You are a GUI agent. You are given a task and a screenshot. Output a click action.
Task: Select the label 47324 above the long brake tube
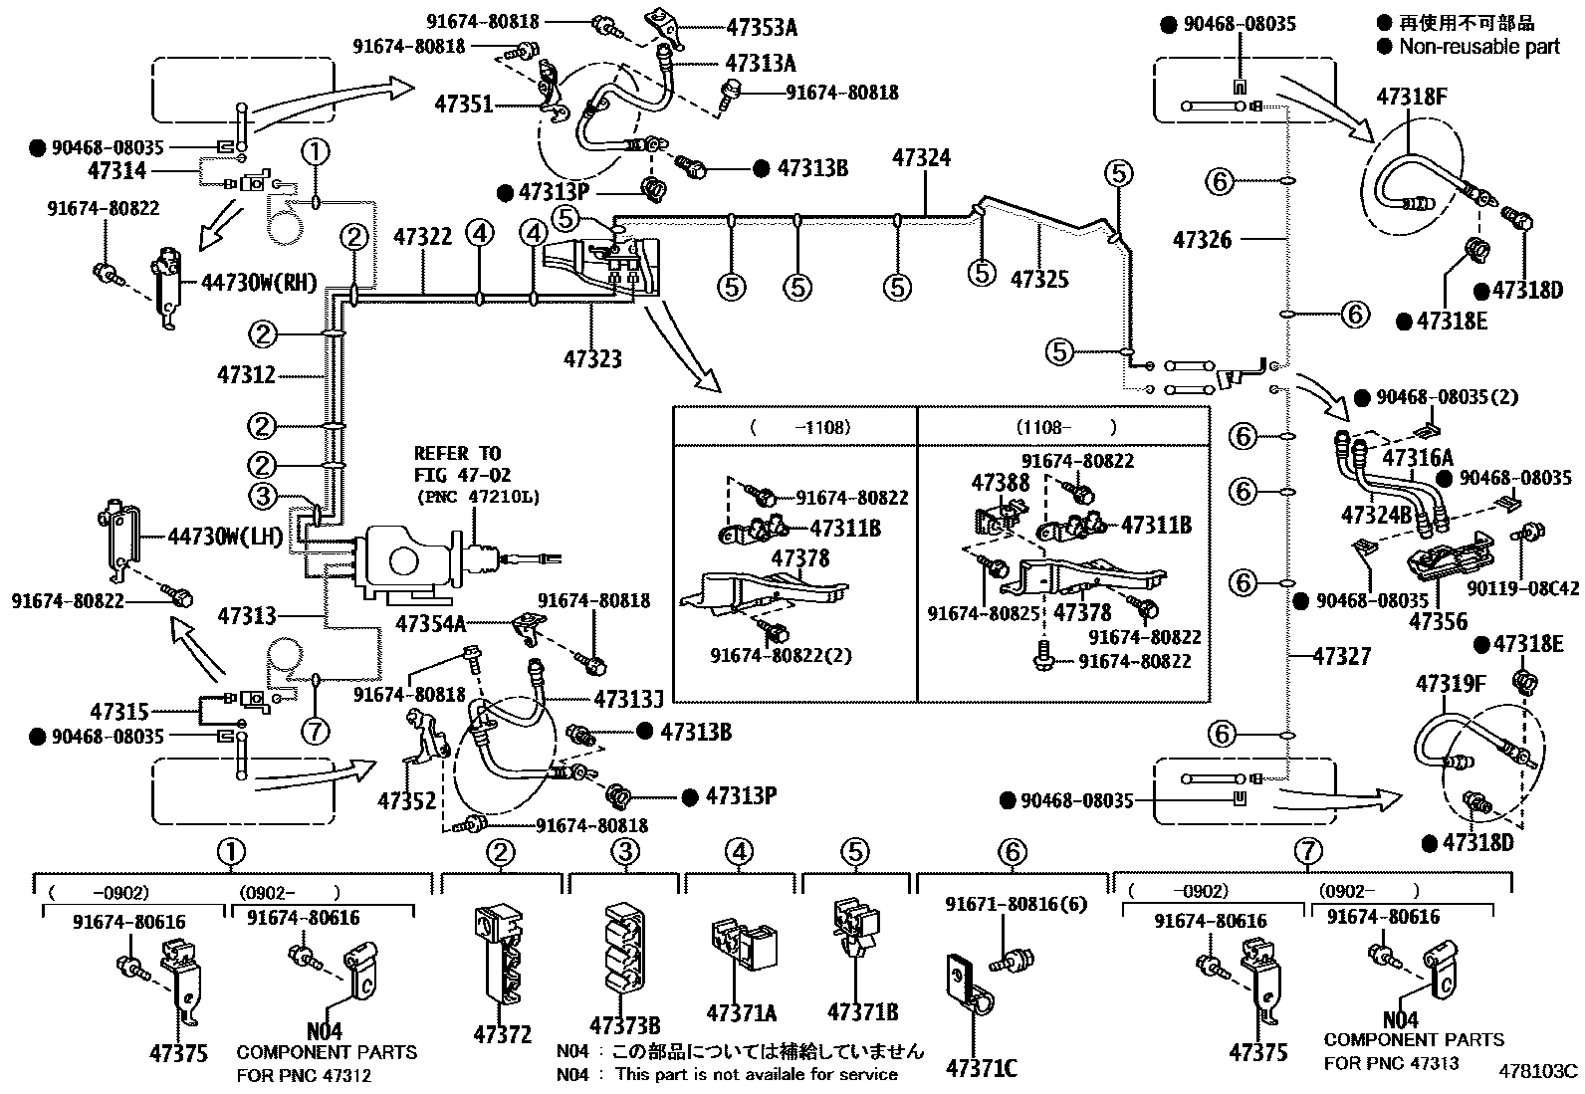[x=921, y=157]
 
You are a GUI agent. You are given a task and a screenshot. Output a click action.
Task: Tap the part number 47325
[x=1039, y=279]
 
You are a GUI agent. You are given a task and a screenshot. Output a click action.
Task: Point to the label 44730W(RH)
[x=258, y=282]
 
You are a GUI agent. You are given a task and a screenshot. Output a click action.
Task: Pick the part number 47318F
[x=1411, y=97]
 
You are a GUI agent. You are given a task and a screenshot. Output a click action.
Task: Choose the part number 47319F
[x=1451, y=684]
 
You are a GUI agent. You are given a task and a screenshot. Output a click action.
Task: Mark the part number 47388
[x=1001, y=483]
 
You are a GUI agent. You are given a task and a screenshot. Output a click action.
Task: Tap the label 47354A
[x=430, y=624]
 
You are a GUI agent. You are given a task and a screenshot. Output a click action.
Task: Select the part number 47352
[x=407, y=798]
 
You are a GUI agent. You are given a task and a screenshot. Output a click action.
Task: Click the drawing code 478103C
[x=1540, y=1072]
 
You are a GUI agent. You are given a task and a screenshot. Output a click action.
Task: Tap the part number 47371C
[x=981, y=1068]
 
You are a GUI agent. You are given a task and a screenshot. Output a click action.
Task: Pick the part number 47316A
[x=1418, y=457]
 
